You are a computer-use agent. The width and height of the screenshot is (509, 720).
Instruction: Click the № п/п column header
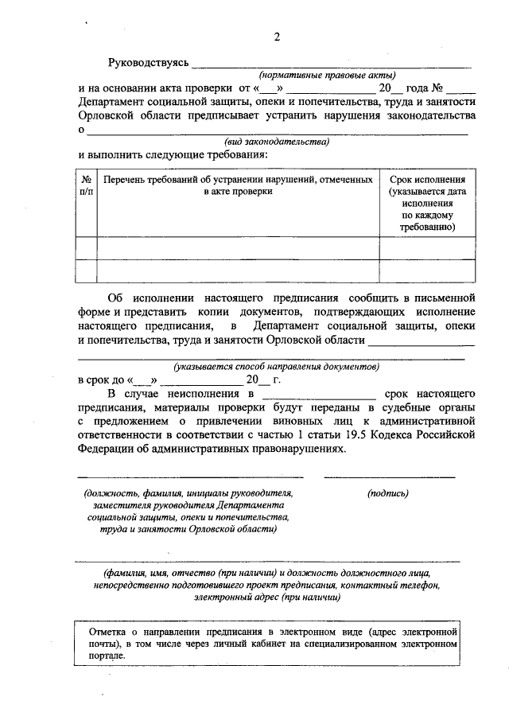pos(86,186)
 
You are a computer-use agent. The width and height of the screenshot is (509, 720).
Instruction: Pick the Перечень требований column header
pos(238,186)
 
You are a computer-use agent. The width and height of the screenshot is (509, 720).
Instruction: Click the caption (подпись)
pos(389,493)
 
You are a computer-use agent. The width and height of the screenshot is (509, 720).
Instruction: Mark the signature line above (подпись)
pos(389,477)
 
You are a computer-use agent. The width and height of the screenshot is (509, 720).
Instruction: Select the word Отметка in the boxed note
pos(107,630)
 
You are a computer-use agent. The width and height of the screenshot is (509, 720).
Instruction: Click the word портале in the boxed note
pos(107,657)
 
